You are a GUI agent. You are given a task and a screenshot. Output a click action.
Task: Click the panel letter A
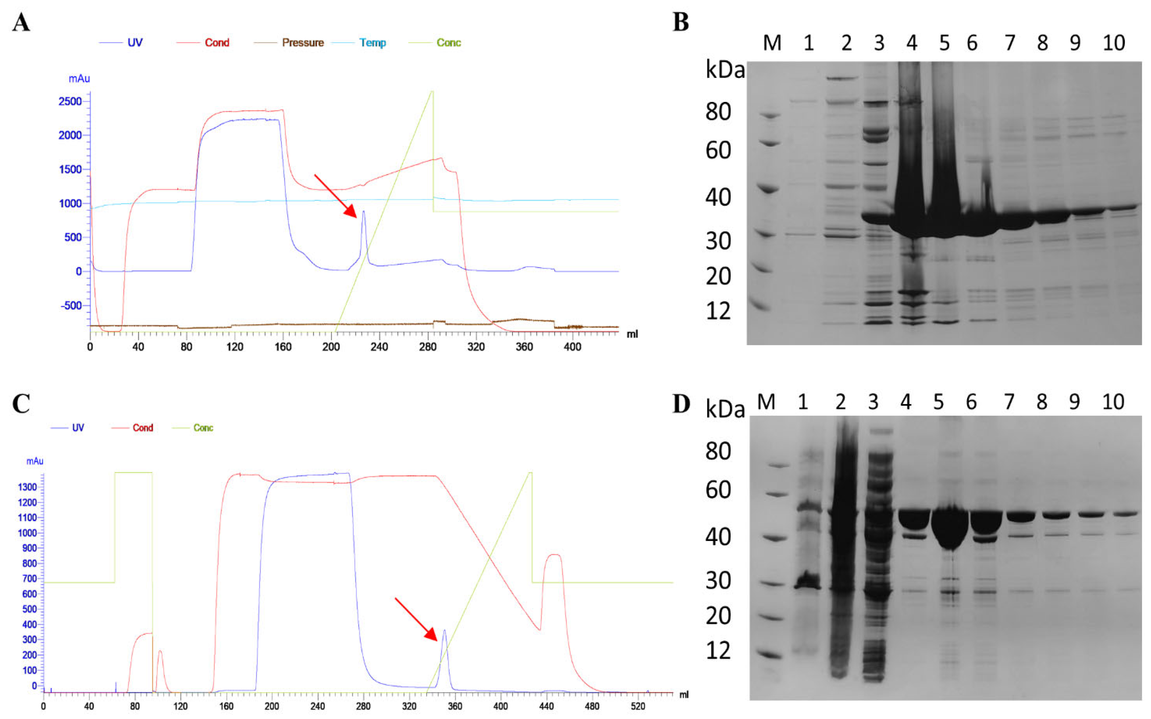(21, 22)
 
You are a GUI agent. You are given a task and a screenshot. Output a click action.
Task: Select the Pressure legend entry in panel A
(302, 43)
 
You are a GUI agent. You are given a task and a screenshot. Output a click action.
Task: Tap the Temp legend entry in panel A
(372, 43)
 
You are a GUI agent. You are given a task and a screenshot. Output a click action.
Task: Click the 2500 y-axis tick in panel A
(70, 101)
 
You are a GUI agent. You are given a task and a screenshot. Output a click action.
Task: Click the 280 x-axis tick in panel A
(428, 347)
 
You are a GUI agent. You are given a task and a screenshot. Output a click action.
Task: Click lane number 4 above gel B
(912, 43)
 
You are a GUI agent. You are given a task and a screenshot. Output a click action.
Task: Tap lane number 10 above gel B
(1113, 43)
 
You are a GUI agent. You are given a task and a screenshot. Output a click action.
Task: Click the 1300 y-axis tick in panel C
(28, 487)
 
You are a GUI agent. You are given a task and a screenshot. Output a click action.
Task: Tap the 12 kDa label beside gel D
(718, 650)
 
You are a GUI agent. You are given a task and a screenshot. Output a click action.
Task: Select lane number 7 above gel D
(1009, 402)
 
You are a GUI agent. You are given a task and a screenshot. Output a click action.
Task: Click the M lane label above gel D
(766, 402)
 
